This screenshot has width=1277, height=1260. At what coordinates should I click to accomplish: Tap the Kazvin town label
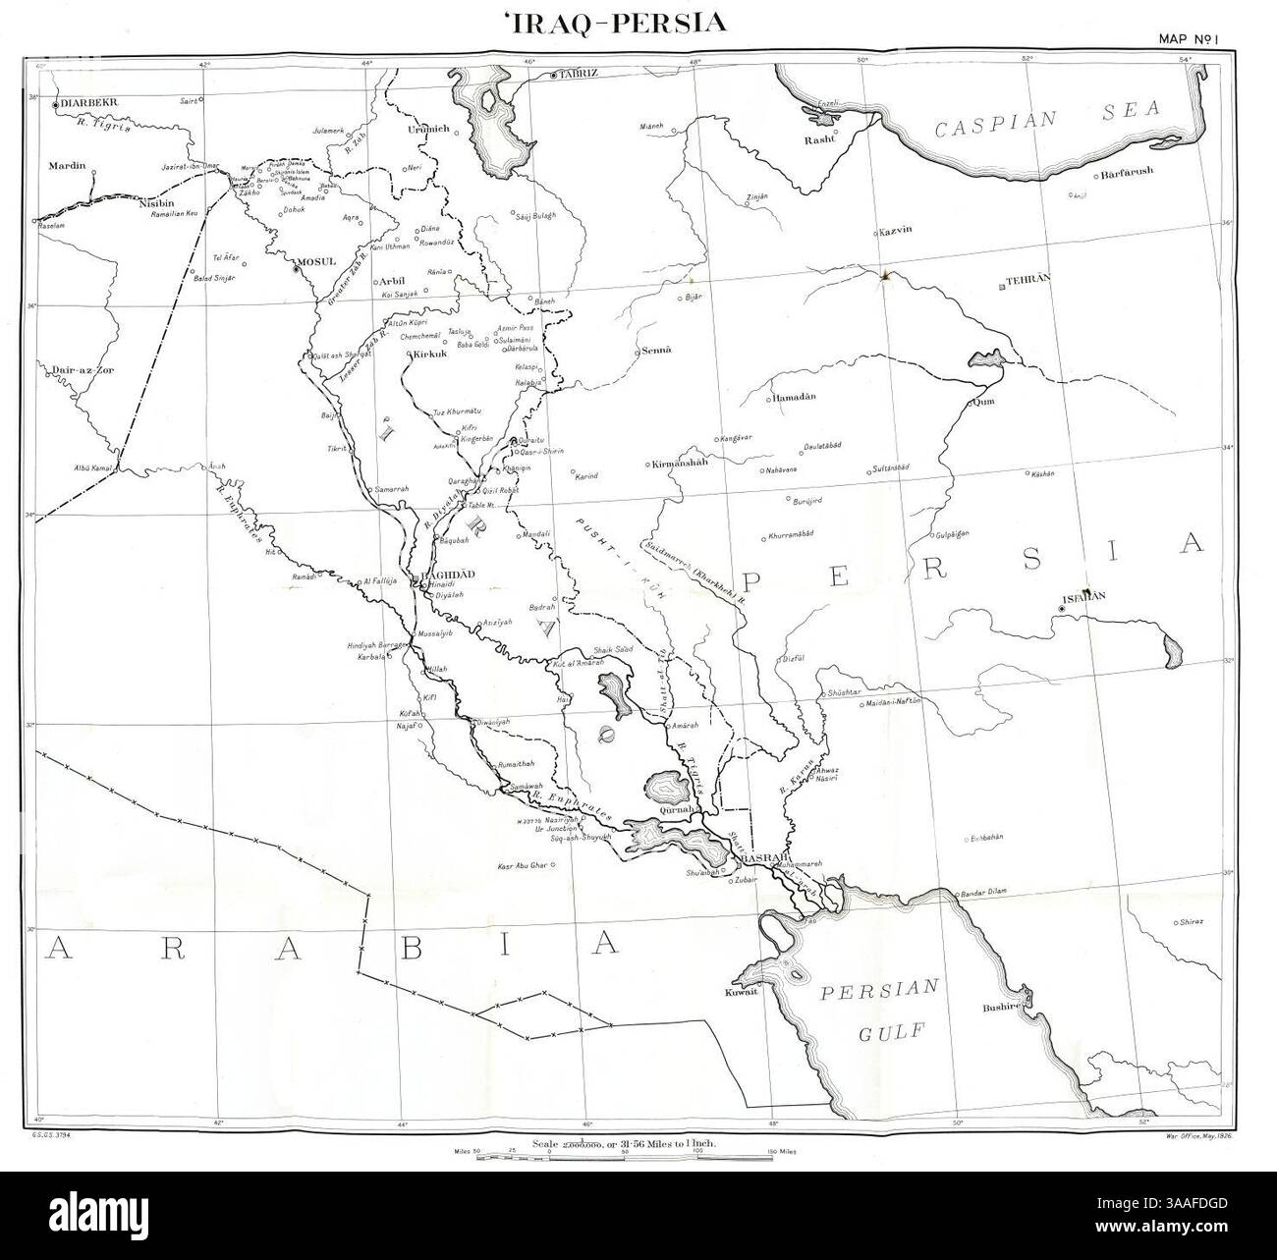[x=896, y=230]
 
